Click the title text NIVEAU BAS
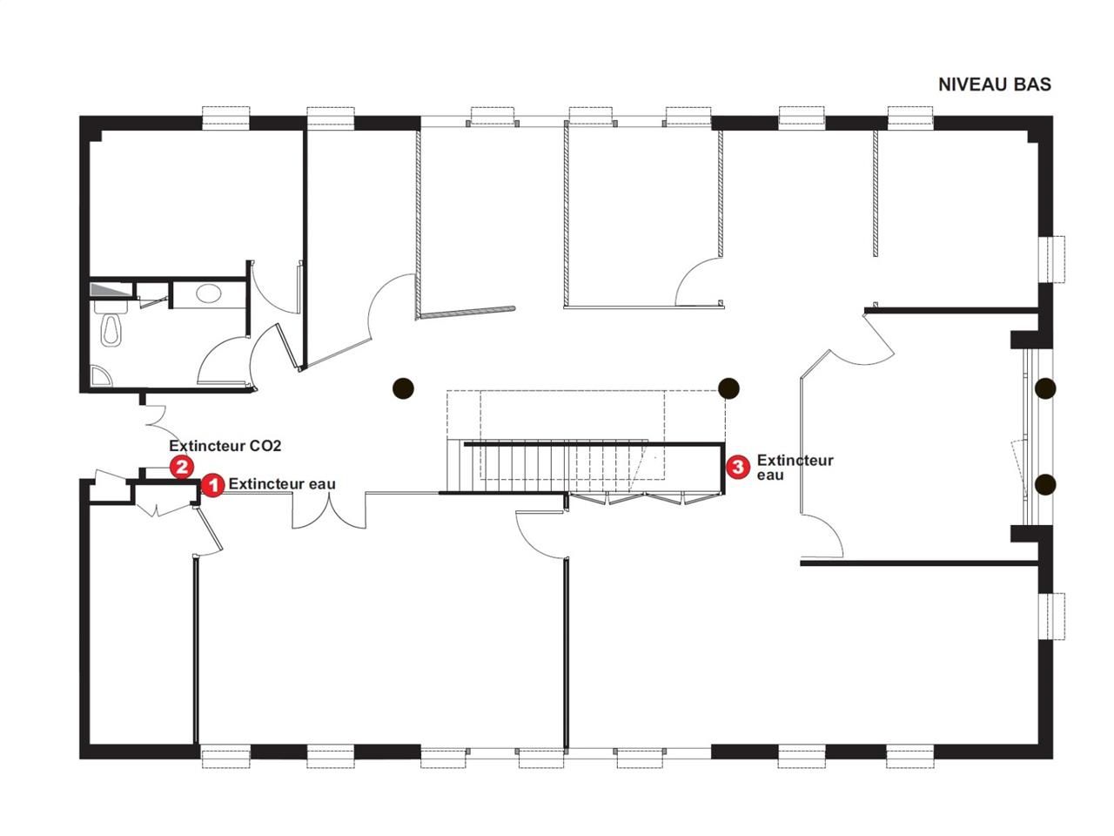994,84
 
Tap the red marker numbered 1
212,485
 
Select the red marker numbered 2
181,467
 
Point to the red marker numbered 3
737,467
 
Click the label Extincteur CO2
225,446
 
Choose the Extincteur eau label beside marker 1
282,484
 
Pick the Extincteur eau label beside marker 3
794,467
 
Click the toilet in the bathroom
109,327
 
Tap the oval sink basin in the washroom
208,293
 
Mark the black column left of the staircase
402,388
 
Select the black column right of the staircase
728,388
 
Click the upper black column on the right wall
1044,388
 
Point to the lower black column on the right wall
1044,483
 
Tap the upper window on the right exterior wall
1056,260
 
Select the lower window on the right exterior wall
1056,616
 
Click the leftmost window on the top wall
226,118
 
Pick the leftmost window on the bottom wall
226,756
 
